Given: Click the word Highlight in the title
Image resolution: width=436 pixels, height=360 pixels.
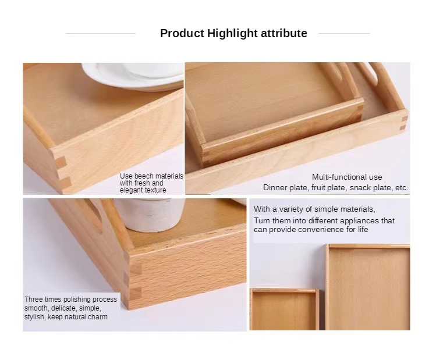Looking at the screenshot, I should (x=232, y=33).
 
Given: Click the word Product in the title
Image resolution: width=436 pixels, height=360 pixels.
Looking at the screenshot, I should (x=182, y=33).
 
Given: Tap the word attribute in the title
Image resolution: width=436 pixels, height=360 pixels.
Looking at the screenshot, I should (x=283, y=33).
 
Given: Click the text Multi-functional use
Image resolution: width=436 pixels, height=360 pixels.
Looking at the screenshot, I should (x=347, y=177).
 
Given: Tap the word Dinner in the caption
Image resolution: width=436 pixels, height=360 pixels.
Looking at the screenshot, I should (x=275, y=188).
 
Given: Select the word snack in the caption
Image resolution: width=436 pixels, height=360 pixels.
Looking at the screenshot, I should (x=361, y=188).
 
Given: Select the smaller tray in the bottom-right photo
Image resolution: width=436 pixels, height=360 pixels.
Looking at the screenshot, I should (x=283, y=309).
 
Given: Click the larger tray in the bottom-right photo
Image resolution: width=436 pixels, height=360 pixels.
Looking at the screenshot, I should (x=368, y=288).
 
